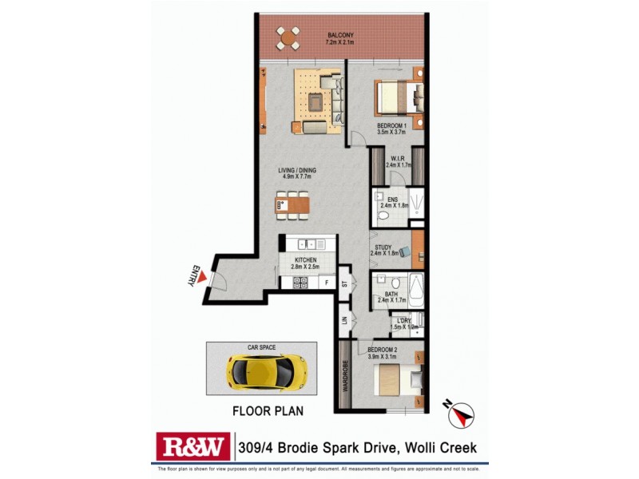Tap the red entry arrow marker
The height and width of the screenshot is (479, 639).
click(204, 277)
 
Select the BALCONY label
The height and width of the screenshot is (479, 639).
click(339, 35)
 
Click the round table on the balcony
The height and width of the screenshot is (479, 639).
click(288, 36)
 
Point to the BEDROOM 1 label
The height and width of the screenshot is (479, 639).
click(393, 125)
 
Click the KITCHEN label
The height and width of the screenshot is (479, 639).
click(305, 260)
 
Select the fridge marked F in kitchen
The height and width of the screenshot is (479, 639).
click(326, 282)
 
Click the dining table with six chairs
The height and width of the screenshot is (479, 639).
click(292, 205)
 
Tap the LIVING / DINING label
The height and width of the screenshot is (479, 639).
click(296, 171)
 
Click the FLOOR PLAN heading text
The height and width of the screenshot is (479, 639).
click(268, 413)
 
